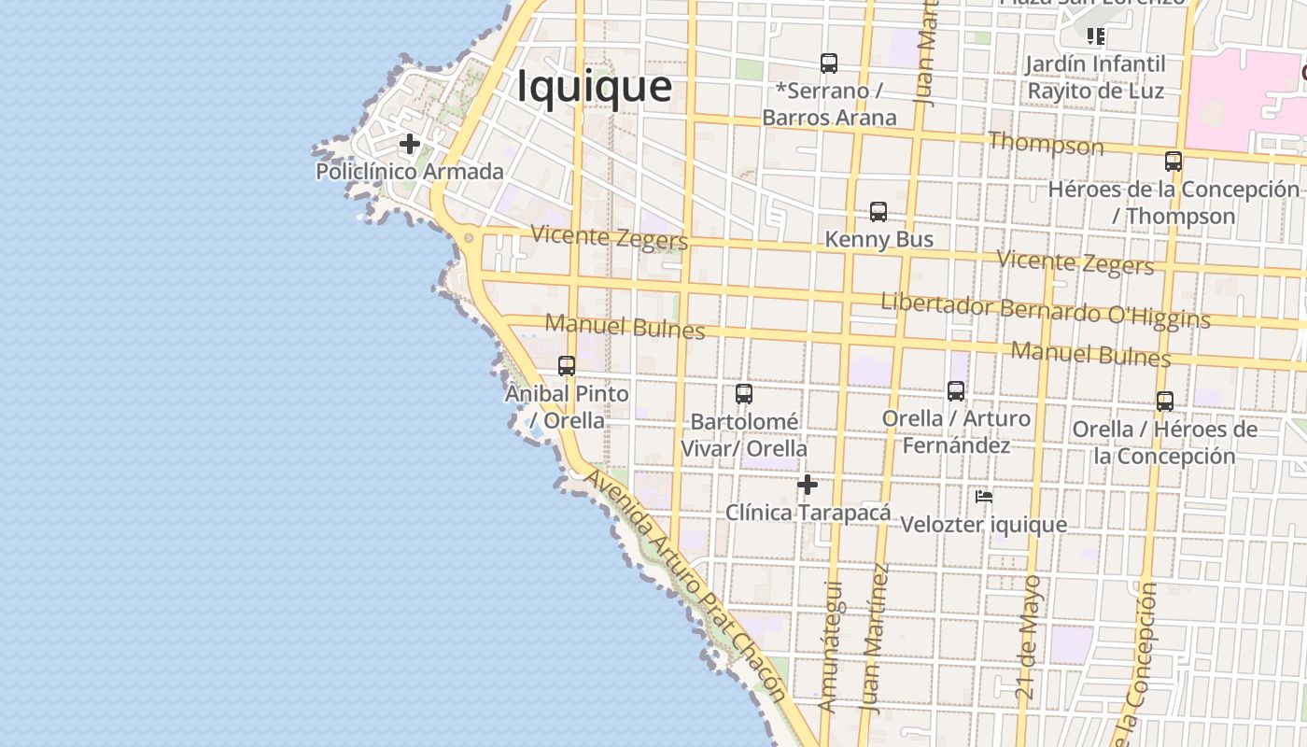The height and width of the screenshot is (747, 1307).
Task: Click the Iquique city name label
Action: [594, 86]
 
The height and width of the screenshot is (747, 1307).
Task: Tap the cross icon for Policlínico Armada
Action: [409, 145]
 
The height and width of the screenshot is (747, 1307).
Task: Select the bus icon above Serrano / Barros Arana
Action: [829, 63]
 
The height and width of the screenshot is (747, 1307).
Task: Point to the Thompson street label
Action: [1046, 145]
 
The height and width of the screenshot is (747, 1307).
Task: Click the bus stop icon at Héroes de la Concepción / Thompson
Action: [1173, 162]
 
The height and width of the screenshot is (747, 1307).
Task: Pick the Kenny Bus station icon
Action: [878, 212]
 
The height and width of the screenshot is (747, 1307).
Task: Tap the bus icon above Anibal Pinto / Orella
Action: [567, 366]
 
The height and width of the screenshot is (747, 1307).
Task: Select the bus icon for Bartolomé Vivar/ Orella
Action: [744, 394]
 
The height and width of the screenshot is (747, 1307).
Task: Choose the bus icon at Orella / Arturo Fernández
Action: [956, 391]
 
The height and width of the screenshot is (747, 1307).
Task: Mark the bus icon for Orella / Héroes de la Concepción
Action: [1165, 402]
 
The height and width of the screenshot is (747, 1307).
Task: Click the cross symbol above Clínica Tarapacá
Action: [808, 485]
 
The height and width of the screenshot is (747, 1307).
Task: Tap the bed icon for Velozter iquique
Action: [984, 497]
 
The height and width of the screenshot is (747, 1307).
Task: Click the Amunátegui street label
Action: [830, 647]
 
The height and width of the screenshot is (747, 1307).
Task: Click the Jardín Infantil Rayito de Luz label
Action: [1095, 78]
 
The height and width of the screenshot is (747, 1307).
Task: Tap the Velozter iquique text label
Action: [983, 525]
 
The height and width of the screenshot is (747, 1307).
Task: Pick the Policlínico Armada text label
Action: [410, 172]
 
